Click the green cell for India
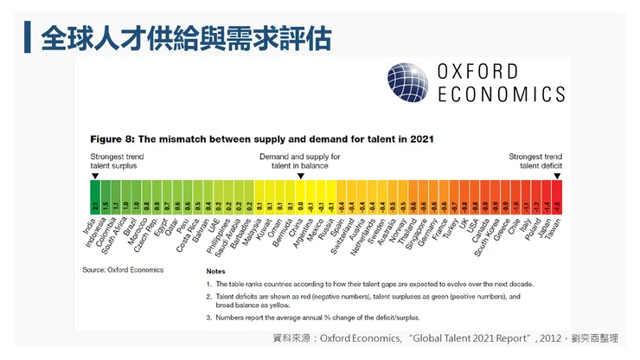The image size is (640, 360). pyautogui.click(x=94, y=205)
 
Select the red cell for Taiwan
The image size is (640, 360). pyautogui.click(x=557, y=205)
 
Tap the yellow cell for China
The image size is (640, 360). pyautogui.click(x=300, y=205)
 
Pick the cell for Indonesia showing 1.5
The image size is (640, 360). pyautogui.click(x=105, y=205)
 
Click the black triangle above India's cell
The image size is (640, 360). pyautogui.click(x=94, y=177)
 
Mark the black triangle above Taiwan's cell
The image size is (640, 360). pyautogui.click(x=557, y=177)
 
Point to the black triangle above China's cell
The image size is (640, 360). pyautogui.click(x=300, y=177)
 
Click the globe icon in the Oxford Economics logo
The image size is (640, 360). pyautogui.click(x=407, y=82)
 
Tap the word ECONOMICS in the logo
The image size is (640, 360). pyautogui.click(x=502, y=94)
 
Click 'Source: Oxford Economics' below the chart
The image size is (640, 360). pyautogui.click(x=122, y=270)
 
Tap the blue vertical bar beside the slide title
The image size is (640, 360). pyautogui.click(x=29, y=37)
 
